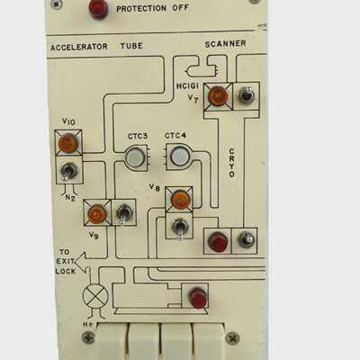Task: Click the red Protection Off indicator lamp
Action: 97,8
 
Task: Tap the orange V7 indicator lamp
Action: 218,95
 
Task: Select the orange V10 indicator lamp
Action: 68,143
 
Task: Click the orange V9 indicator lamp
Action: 97,213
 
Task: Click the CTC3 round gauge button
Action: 135,157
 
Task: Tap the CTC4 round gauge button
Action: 180,156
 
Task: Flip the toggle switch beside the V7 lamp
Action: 247,95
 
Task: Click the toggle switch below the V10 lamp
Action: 68,172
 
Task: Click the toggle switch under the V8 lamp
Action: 180,228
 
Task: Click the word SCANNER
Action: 225,44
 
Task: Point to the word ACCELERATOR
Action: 79,47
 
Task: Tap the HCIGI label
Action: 187,86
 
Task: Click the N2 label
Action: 69,198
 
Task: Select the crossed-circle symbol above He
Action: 95,296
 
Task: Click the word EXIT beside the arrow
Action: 65,261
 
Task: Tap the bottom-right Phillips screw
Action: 232,338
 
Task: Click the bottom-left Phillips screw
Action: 88,338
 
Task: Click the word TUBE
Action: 131,46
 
